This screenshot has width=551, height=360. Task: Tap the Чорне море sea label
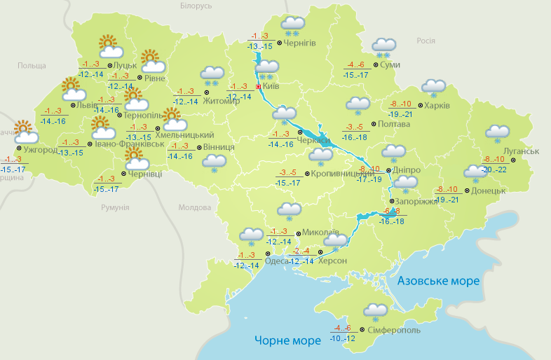pos(288,340)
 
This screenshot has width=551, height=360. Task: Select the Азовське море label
pos(438,281)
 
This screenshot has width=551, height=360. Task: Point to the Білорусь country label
pos(196,6)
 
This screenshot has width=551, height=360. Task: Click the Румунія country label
pos(115,208)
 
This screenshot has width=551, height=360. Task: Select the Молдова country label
pos(194,208)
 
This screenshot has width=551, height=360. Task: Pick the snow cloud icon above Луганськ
pos(497,133)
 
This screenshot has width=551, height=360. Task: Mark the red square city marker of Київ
pos(258,87)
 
